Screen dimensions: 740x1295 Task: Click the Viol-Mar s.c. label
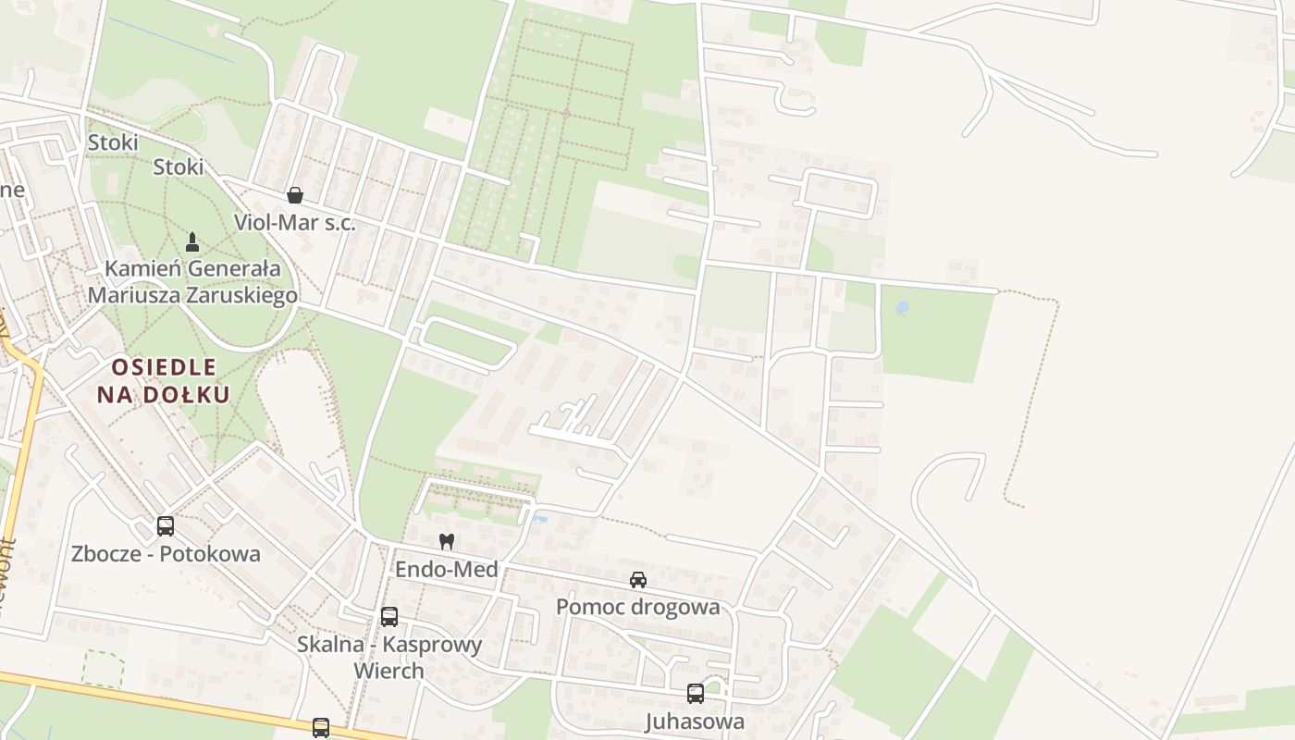click(294, 222)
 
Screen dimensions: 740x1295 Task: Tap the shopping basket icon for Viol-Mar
click(295, 195)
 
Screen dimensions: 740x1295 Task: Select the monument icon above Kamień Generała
click(192, 242)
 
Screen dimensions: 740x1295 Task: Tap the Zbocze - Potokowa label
click(166, 554)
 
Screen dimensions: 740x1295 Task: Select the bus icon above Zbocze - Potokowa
click(166, 526)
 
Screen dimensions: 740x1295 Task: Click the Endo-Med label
click(447, 569)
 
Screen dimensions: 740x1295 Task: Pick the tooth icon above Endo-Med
click(447, 541)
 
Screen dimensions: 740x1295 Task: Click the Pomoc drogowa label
click(637, 607)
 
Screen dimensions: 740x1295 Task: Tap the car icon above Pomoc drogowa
click(638, 580)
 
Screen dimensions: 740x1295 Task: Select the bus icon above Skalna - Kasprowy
click(389, 617)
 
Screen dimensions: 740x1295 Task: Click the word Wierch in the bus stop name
click(388, 671)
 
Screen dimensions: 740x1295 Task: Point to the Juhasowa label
click(695, 721)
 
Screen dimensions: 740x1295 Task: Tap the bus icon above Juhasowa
click(696, 694)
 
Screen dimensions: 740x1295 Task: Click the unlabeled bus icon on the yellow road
click(321, 727)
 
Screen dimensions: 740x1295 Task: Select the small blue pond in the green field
click(902, 307)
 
